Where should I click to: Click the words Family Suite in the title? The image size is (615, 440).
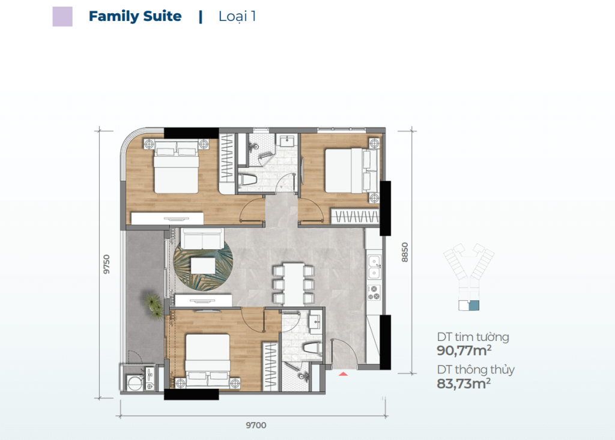click(x=135, y=16)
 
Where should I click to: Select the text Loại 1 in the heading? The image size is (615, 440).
click(x=237, y=16)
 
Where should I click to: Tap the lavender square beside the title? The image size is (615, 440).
click(x=62, y=16)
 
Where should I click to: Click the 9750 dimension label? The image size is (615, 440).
click(x=106, y=264)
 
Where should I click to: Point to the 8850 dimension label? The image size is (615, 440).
click(x=405, y=252)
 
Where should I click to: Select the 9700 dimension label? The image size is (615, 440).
click(x=256, y=425)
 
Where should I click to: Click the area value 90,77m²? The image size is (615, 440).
click(x=464, y=351)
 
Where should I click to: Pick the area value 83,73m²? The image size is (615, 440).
click(x=464, y=384)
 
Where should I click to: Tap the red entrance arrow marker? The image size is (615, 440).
click(x=343, y=374)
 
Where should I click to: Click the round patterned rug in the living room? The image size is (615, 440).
click(x=203, y=265)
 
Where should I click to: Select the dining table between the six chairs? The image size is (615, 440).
click(x=293, y=283)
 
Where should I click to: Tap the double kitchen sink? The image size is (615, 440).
click(x=374, y=267)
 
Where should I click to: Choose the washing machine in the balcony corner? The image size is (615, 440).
click(x=135, y=382)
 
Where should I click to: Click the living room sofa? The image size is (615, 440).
click(x=202, y=238)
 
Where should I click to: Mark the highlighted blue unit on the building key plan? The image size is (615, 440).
click(x=474, y=306)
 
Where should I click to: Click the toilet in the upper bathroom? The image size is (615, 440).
click(x=247, y=180)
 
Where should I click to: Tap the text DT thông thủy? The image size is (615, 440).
click(x=476, y=370)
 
